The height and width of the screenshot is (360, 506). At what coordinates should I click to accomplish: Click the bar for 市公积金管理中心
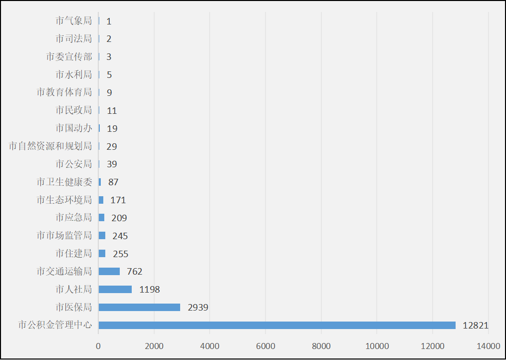click(x=277, y=325)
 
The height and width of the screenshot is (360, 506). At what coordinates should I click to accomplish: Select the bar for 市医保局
click(x=139, y=307)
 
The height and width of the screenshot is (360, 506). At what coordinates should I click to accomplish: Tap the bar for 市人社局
click(x=115, y=289)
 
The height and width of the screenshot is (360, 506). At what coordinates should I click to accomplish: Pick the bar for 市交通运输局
click(x=109, y=271)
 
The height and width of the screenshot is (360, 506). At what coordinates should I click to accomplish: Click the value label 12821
click(x=475, y=326)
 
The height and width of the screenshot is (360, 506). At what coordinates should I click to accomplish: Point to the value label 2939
click(x=198, y=308)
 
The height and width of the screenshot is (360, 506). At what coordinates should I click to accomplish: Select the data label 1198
click(x=150, y=290)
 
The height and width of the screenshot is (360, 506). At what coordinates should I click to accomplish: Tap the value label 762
click(x=135, y=272)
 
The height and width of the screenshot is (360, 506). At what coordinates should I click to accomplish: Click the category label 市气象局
click(x=74, y=21)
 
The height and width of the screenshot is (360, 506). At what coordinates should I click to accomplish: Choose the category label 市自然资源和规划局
click(x=50, y=146)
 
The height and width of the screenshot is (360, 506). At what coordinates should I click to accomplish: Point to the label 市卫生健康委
click(x=64, y=182)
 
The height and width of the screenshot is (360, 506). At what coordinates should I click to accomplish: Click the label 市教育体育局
click(x=64, y=92)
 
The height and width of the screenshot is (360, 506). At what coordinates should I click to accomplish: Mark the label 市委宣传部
click(x=69, y=57)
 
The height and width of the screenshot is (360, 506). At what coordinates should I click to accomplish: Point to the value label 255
click(x=121, y=254)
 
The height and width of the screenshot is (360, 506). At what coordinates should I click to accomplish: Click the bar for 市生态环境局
click(x=101, y=200)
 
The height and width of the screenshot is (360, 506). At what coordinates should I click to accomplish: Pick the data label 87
click(x=113, y=182)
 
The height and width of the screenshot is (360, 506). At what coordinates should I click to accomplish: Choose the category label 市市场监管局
click(x=64, y=236)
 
